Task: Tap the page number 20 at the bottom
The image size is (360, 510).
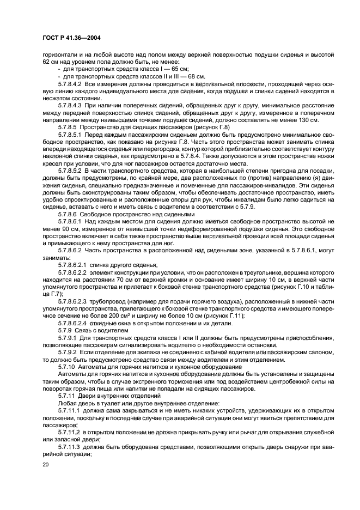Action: tap(46, 464)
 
